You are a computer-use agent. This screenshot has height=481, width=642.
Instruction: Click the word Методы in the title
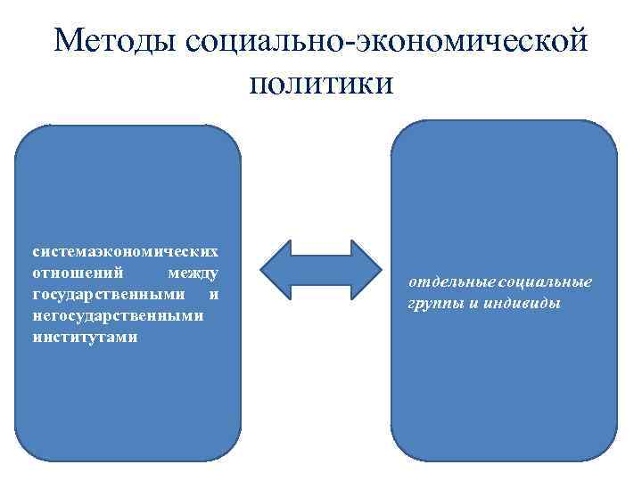click(x=114, y=42)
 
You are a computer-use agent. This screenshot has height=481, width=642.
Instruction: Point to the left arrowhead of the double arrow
click(x=276, y=268)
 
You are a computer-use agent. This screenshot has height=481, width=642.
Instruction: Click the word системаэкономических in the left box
click(x=126, y=250)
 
